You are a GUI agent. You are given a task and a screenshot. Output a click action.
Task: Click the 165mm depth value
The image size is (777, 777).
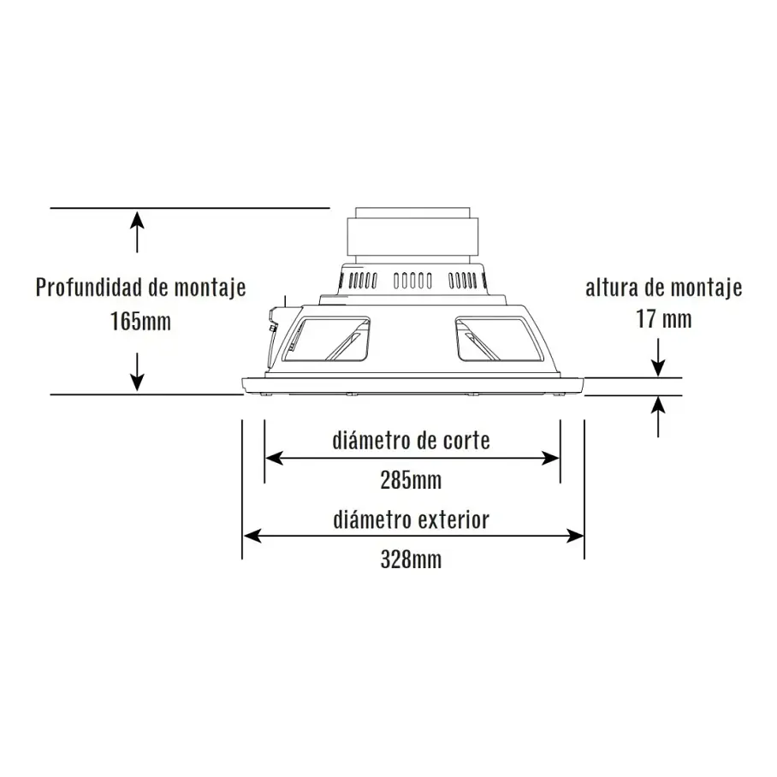[x=140, y=322]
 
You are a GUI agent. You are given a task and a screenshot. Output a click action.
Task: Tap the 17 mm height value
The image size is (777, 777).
[x=663, y=318]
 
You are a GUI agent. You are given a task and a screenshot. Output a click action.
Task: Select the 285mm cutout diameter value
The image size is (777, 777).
[x=411, y=480]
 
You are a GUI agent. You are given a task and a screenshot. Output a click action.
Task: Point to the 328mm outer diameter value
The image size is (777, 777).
[x=411, y=560]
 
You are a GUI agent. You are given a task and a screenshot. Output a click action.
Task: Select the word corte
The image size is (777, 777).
[x=466, y=441]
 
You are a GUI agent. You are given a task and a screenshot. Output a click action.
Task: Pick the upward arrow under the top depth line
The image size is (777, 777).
[x=137, y=231]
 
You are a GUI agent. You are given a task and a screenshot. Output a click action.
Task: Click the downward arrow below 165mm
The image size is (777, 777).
[x=137, y=371]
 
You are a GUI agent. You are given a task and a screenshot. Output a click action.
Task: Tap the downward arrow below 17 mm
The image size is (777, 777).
[x=658, y=358]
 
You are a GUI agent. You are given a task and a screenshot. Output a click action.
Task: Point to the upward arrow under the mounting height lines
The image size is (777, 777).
[x=658, y=417]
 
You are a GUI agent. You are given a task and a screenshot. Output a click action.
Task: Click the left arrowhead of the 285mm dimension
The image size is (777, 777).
[x=274, y=459]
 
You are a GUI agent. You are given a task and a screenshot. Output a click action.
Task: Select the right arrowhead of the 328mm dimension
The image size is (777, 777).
[x=575, y=536]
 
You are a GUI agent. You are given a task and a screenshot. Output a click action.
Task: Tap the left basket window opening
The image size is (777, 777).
[x=326, y=339]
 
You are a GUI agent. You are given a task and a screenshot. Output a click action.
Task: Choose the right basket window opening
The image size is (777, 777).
[x=501, y=339]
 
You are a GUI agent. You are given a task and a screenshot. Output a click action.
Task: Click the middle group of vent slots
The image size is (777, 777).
[x=412, y=281]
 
